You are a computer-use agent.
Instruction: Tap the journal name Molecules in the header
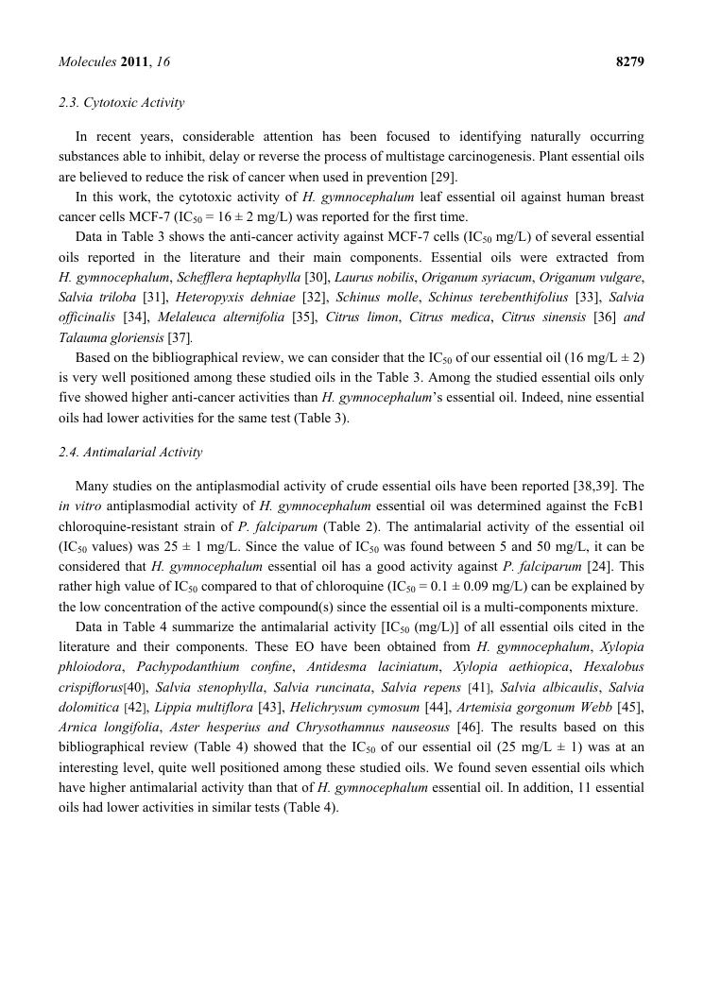click(87, 62)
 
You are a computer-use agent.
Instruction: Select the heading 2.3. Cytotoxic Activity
click(121, 102)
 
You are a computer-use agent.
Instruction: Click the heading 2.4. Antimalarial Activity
click(129, 452)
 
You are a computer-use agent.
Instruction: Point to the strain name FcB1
click(626, 506)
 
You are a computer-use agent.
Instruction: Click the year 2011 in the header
click(133, 62)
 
